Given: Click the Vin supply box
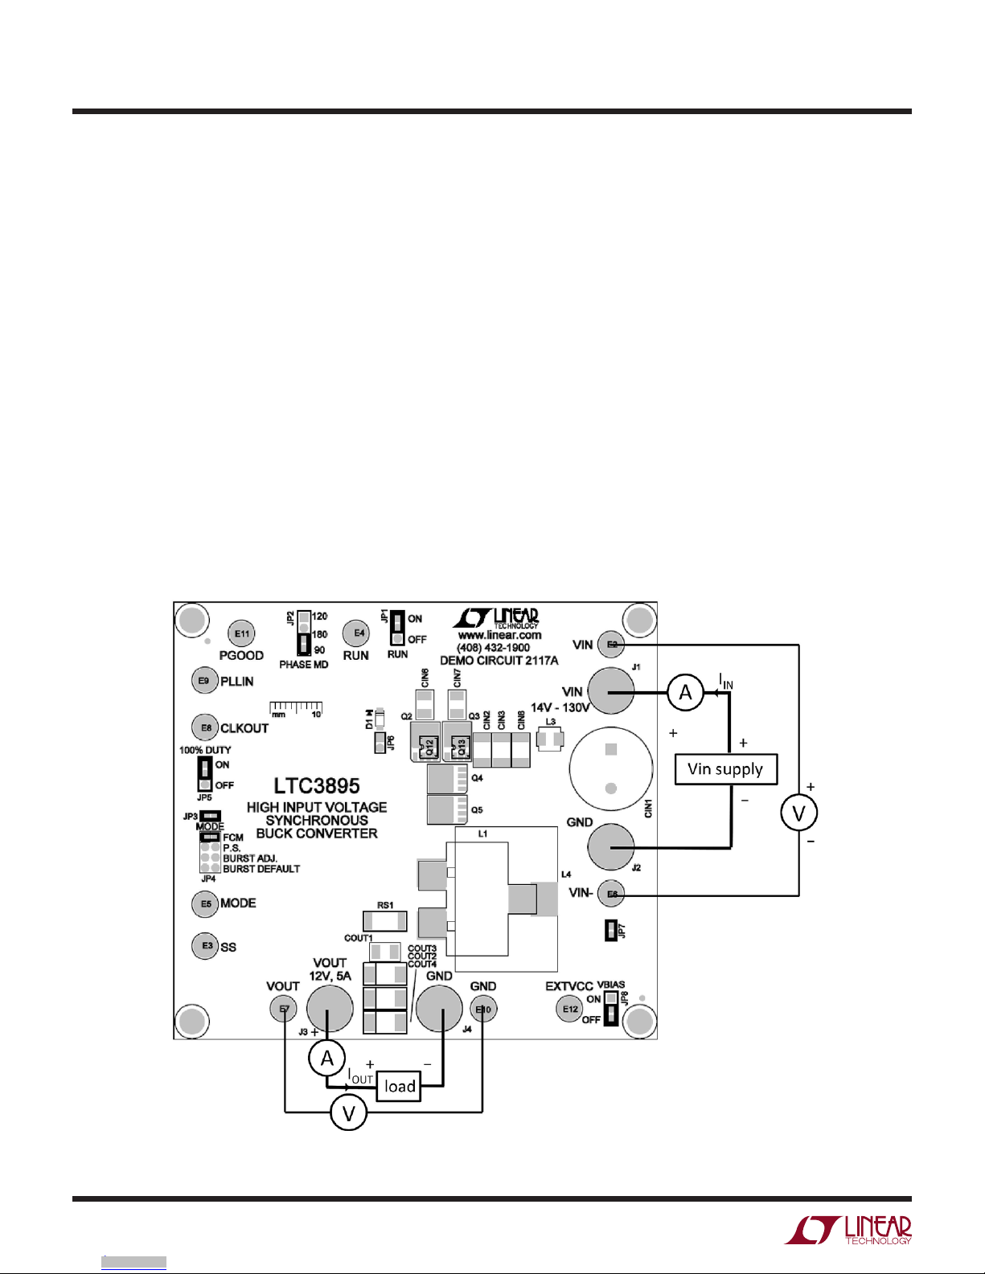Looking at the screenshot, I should coord(725,769).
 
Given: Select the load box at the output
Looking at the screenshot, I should coord(399,1086).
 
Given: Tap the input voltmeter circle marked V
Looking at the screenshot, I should coord(798,813).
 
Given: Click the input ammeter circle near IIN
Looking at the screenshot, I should coord(685,692).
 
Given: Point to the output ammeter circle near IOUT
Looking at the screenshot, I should coord(327,1059).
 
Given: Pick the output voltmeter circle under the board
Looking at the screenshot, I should coord(349,1112).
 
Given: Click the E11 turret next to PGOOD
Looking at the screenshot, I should coord(241,633).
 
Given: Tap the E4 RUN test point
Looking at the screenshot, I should coord(356,633).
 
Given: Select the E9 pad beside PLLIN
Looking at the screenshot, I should coord(204,681).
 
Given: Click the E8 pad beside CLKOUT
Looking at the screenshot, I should coord(206,727).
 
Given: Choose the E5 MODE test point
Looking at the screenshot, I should coord(206,903).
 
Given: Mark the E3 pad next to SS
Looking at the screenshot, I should coord(206,945).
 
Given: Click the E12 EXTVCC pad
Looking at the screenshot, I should coord(569,1009).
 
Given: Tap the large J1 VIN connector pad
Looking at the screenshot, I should coord(611,690).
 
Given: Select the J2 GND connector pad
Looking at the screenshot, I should coord(611,846).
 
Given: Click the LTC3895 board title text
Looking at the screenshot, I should coord(317,785).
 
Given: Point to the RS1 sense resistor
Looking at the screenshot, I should coord(384,920).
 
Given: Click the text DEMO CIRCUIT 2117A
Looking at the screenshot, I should coord(499,661).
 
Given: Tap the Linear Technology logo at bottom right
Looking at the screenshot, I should coord(848,1231).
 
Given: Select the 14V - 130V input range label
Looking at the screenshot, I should coord(560,708).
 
